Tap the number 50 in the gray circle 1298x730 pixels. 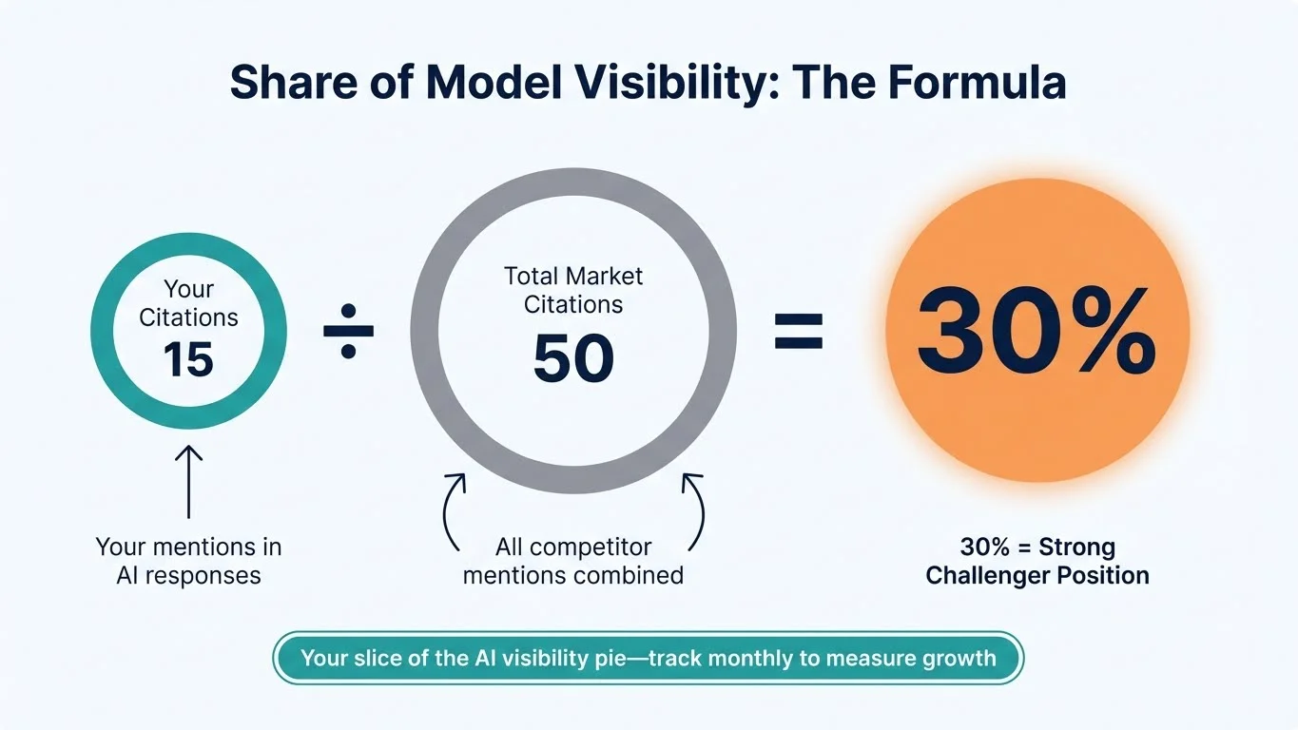pos(573,359)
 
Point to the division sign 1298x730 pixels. pos(348,332)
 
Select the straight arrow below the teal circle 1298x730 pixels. pos(188,483)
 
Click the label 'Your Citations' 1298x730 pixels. pos(188,302)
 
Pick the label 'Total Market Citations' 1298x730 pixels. pos(573,290)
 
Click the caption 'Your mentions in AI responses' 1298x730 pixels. pos(188,561)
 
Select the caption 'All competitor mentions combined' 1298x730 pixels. pos(573,561)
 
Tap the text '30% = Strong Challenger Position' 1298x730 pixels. pos(1036,561)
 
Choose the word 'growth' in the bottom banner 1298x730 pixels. pos(959,658)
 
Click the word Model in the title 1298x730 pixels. pos(486,83)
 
